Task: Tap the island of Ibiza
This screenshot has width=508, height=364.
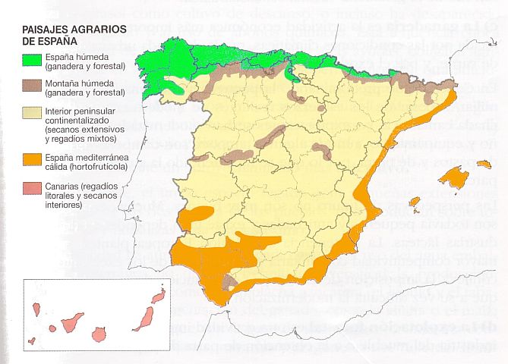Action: pos(415,202)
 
